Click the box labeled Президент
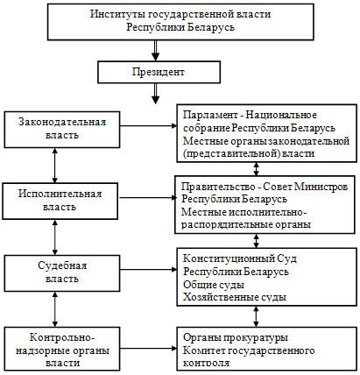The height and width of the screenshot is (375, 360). pyautogui.click(x=159, y=72)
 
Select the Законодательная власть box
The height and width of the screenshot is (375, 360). pyautogui.click(x=62, y=130)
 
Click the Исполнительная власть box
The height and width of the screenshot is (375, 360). pyautogui.click(x=60, y=201)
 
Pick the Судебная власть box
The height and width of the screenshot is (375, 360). pyautogui.click(x=62, y=273)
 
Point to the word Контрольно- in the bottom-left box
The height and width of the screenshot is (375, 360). pyautogui.click(x=62, y=337)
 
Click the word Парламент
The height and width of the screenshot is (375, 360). pyautogui.click(x=210, y=115)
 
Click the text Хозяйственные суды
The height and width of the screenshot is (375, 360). pyautogui.click(x=235, y=297)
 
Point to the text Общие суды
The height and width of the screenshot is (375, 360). pyautogui.click(x=214, y=285)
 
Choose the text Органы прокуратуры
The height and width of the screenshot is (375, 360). pyautogui.click(x=236, y=337)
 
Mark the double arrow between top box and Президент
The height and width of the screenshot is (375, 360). pyautogui.click(x=156, y=50)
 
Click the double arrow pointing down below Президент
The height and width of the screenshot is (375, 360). pyautogui.click(x=156, y=94)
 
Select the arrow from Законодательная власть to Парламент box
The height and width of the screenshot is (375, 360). pyautogui.click(x=149, y=126)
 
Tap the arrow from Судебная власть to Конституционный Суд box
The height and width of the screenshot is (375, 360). pyautogui.click(x=149, y=270)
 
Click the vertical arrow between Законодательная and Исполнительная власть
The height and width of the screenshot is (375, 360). pyautogui.click(x=54, y=166)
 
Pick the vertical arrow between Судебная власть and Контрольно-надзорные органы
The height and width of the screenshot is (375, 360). pyautogui.click(x=54, y=309)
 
